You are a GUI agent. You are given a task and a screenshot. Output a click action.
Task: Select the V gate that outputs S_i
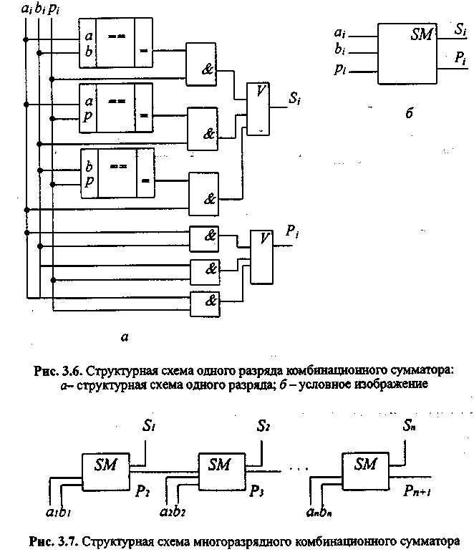[x=258, y=107]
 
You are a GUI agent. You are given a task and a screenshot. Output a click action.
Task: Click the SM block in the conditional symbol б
[x=406, y=54]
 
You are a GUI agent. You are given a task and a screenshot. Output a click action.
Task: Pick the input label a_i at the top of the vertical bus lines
[x=26, y=9]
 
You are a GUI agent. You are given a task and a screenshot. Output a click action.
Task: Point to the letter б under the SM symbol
[x=407, y=113]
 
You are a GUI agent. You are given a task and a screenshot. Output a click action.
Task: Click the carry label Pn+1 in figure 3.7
[x=415, y=492]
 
